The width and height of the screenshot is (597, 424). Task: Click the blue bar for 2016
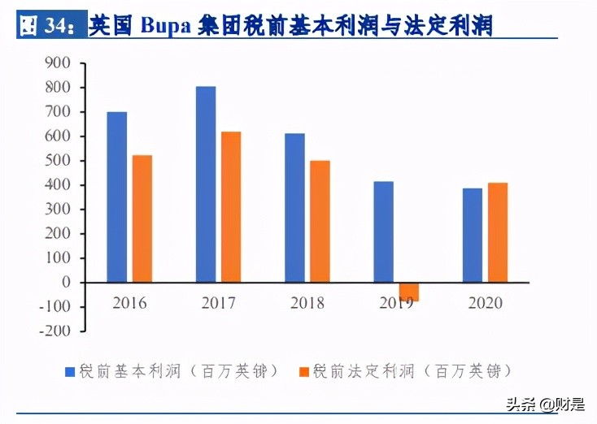click(x=117, y=197)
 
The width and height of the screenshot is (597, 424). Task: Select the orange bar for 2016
click(x=142, y=218)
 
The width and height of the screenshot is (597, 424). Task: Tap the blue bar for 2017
click(x=206, y=184)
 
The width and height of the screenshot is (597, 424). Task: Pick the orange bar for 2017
click(x=232, y=207)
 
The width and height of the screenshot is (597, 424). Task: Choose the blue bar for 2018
click(x=294, y=208)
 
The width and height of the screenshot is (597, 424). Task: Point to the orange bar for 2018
click(x=320, y=222)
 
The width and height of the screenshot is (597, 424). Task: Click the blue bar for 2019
click(x=383, y=231)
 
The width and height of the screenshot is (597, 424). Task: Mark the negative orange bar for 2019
click(x=408, y=292)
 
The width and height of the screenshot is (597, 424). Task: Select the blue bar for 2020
click(x=472, y=236)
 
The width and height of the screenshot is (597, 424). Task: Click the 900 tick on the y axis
click(x=59, y=63)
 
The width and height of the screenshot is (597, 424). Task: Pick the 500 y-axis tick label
click(x=59, y=160)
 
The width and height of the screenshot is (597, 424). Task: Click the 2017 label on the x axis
click(x=219, y=304)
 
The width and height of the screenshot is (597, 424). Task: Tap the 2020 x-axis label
click(x=486, y=304)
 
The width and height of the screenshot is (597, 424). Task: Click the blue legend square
click(x=71, y=371)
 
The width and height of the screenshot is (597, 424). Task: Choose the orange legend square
click(x=305, y=371)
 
